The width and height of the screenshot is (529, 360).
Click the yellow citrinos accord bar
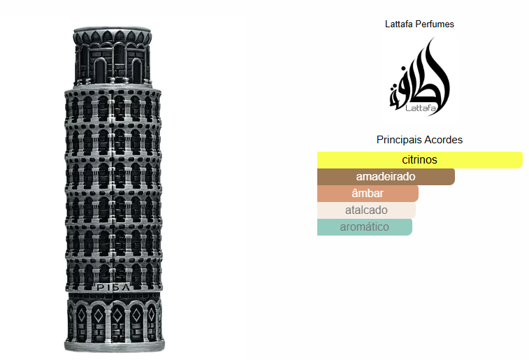pyautogui.click(x=419, y=159)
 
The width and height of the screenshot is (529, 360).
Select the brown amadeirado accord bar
pyautogui.click(x=386, y=177)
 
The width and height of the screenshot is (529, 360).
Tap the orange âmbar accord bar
pyautogui.click(x=368, y=194)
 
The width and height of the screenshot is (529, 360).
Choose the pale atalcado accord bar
pyautogui.click(x=366, y=210)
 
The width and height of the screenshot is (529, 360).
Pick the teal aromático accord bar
pyautogui.click(x=364, y=227)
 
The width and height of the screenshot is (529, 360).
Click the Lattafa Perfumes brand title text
pyautogui.click(x=419, y=24)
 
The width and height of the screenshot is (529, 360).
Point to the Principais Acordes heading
pyautogui.click(x=419, y=140)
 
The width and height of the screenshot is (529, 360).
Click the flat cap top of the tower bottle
pyautogui.click(x=113, y=31)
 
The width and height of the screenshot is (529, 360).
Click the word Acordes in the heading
pyautogui.click(x=443, y=140)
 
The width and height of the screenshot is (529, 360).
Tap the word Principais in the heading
pyautogui.click(x=398, y=140)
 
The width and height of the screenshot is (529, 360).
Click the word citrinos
pyautogui.click(x=419, y=159)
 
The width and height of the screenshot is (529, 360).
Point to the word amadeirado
pyautogui.click(x=386, y=177)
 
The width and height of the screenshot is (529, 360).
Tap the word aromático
pyautogui.click(x=364, y=227)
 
